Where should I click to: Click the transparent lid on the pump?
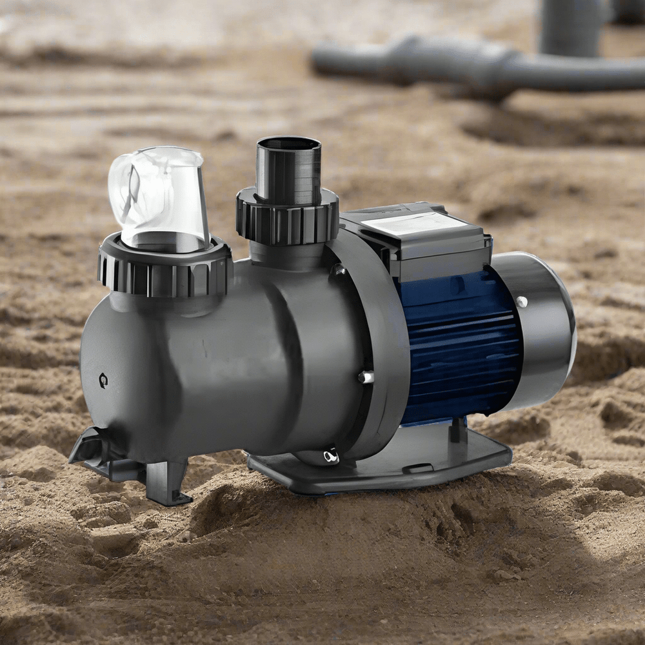[x=158, y=197]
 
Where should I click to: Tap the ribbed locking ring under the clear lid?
[x=164, y=268]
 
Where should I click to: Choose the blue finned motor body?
[x=458, y=342]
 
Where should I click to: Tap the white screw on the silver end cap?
[x=521, y=301]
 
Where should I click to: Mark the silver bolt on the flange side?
[x=366, y=377]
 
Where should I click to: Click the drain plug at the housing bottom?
[x=330, y=457]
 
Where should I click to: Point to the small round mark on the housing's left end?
[x=103, y=381]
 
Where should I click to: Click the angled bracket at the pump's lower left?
[x=90, y=448]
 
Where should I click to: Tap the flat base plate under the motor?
[x=387, y=468]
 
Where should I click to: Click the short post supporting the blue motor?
[x=457, y=429]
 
